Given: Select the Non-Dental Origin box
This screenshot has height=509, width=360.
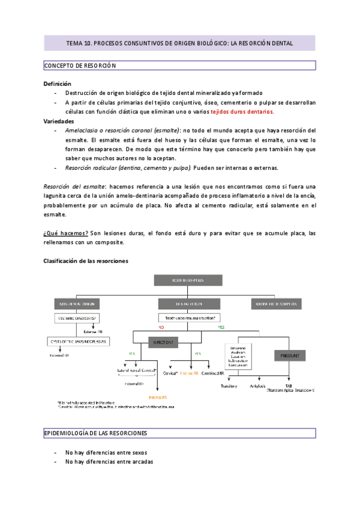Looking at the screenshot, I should (76, 303).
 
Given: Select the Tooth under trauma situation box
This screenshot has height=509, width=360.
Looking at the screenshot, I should (188, 317).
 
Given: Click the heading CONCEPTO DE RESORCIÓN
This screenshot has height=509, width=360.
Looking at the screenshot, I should (80, 65).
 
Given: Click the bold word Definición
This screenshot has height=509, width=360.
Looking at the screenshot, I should (58, 84).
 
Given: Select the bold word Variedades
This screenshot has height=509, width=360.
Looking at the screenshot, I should (59, 121).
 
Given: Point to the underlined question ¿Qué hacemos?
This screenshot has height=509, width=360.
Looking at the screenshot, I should (66, 233).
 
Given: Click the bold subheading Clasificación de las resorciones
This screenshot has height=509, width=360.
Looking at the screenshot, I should (86, 261).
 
